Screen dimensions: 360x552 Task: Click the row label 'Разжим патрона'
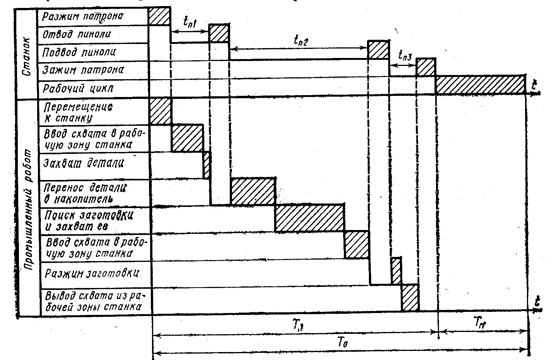pos(83,16)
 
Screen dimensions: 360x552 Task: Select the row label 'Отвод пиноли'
pos(77,34)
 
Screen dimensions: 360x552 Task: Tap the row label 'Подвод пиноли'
pos(79,52)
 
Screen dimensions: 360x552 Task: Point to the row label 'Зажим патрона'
pos(83,70)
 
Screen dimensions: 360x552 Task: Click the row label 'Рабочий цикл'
pos(78,89)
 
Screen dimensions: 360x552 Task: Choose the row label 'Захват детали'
pos(84,163)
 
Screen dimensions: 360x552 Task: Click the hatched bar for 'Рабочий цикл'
pos(480,85)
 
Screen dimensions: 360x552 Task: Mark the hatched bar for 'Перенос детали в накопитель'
pos(252,191)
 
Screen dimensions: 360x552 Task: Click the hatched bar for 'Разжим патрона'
pos(159,16)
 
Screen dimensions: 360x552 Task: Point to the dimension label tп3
pos(405,56)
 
